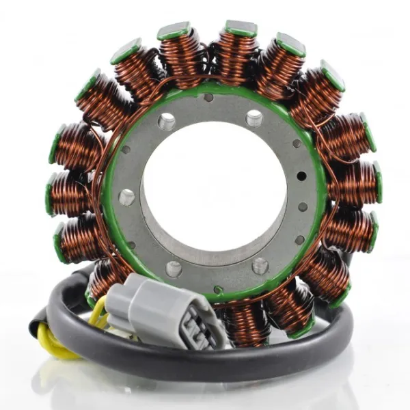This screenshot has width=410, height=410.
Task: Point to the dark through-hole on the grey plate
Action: tap(301, 176)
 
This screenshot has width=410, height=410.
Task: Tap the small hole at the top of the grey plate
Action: tap(208, 98)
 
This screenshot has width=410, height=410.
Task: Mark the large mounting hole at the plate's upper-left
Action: tap(166, 122)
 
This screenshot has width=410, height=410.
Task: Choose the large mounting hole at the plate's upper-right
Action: tap(254, 118)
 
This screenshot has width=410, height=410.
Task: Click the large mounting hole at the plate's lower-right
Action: tap(260, 265)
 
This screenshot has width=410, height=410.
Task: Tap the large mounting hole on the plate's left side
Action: tap(126, 197)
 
